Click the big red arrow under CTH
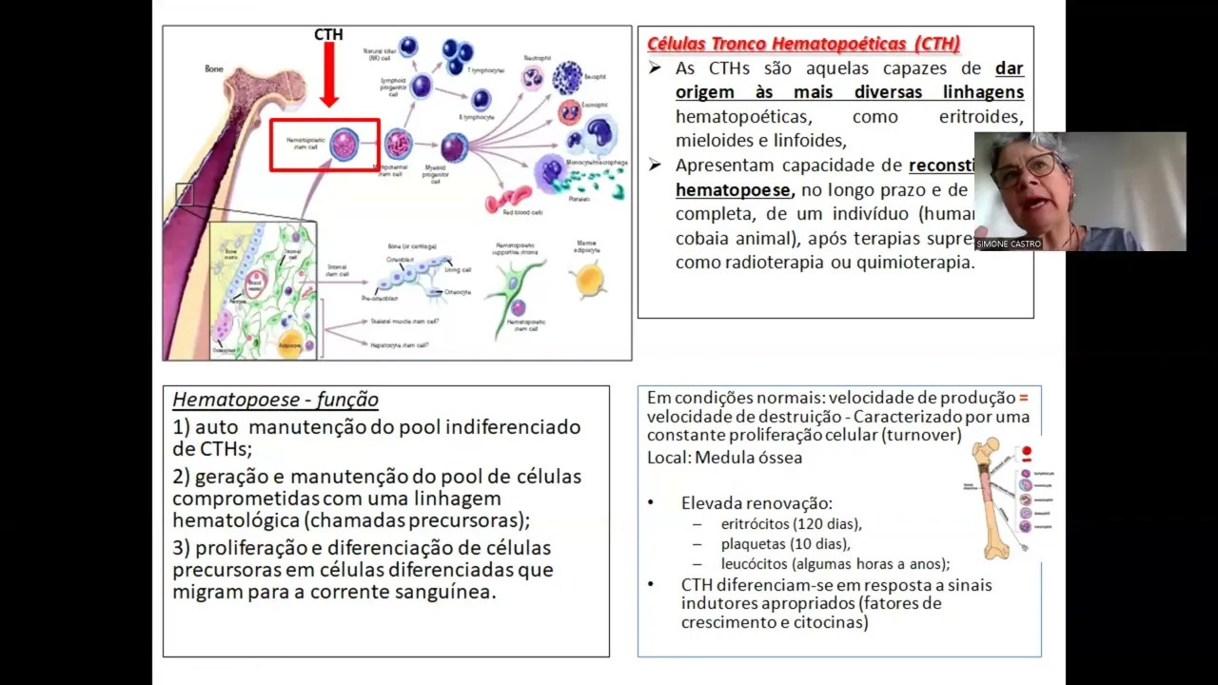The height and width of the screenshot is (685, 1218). pos(329,76)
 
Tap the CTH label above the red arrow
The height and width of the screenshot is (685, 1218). pos(328,35)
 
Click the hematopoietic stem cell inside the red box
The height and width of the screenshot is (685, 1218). pos(343,145)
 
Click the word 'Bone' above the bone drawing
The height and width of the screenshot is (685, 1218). pos(214,68)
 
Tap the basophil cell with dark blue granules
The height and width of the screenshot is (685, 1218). pos(568,77)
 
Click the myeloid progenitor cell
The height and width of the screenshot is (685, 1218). pos(454,147)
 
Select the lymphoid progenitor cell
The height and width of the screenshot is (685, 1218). pos(421,87)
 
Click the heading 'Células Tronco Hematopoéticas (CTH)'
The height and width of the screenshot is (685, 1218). pos(803,44)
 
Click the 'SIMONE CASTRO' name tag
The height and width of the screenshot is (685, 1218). pos(1009,244)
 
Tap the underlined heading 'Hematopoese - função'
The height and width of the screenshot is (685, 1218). pos(275,400)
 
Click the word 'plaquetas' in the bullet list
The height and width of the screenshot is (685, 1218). pos(754,543)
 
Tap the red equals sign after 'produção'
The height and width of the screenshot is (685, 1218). pos(1024,398)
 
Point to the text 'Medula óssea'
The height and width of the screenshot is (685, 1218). pos(748,458)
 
